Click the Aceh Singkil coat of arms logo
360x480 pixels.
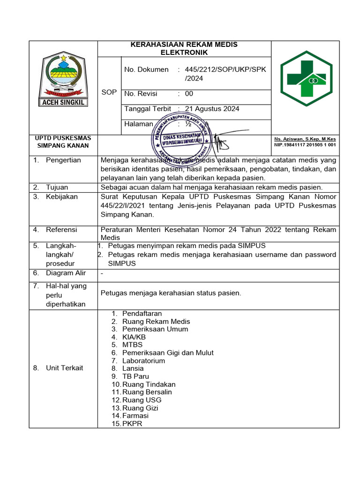(x=63, y=80)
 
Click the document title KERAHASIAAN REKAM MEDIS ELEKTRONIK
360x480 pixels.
(x=184, y=48)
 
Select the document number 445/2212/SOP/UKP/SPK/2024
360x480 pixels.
(x=225, y=74)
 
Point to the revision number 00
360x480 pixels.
(x=189, y=94)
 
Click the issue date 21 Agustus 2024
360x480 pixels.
(x=212, y=109)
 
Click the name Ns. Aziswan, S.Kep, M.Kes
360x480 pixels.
(x=305, y=139)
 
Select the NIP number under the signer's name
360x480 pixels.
(x=305, y=145)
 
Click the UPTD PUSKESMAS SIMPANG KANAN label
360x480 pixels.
(x=63, y=142)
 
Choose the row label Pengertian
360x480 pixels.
(x=63, y=160)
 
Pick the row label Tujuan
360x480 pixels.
(x=57, y=187)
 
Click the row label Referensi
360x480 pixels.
(x=61, y=230)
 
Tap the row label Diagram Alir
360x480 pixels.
(x=66, y=273)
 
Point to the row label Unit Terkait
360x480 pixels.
(x=64, y=368)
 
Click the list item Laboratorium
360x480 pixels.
(x=143, y=360)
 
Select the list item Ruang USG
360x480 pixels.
(x=142, y=400)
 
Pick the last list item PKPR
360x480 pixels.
(x=132, y=424)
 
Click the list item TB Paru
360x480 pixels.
(x=135, y=376)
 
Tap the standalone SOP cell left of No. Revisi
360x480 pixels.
(x=109, y=92)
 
